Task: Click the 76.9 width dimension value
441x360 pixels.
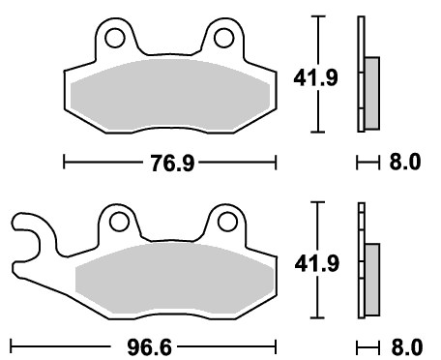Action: coord(173,163)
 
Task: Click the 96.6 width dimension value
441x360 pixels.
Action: coord(149,347)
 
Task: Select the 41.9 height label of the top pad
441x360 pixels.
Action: coord(315,77)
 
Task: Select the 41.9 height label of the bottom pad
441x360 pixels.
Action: coord(317,263)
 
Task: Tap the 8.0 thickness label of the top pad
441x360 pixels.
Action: coord(405,162)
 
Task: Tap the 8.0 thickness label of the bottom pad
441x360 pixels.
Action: coord(407,347)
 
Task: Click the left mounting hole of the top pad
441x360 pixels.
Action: coord(114,38)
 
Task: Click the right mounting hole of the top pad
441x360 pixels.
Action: coord(223,38)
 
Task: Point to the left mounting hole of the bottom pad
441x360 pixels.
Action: coord(119,222)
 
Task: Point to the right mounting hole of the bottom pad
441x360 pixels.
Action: coord(227,222)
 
